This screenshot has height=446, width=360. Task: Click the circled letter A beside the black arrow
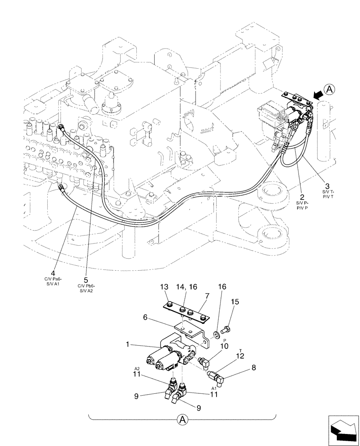[x=329, y=90]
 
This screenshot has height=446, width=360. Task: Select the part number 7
[x=207, y=296]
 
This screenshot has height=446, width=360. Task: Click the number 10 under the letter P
[x=224, y=346]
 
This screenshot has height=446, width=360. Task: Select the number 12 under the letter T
[x=240, y=356]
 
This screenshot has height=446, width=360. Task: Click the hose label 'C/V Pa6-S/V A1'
[x=53, y=282]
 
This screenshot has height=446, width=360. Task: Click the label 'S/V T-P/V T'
[x=327, y=194]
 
